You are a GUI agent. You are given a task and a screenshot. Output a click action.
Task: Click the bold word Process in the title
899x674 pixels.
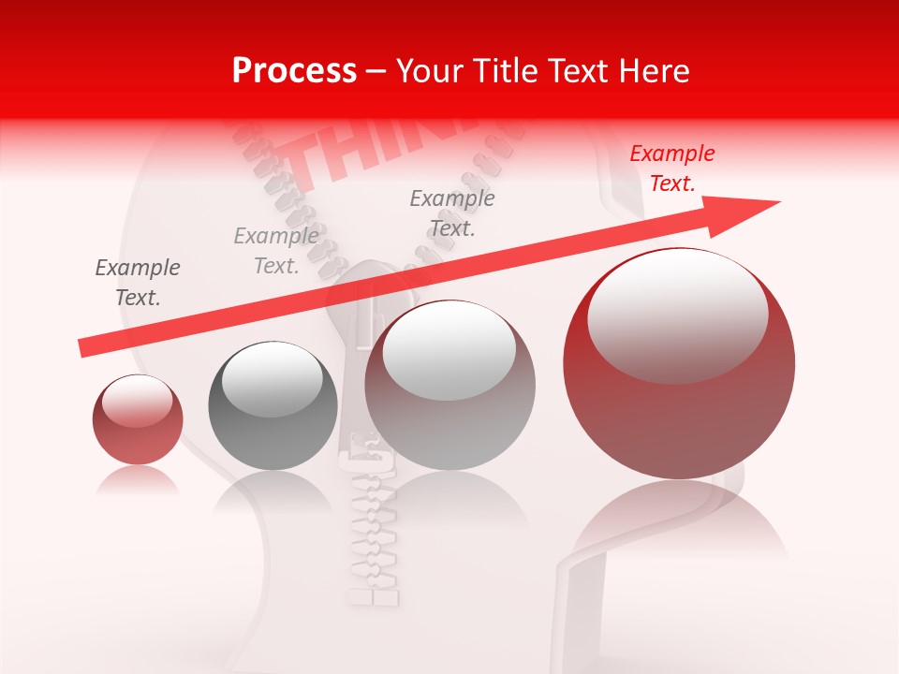tap(294, 71)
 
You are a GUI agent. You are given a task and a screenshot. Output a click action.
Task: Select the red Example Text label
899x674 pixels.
tap(671, 168)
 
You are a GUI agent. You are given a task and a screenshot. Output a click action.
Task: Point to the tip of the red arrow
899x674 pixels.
tap(778, 202)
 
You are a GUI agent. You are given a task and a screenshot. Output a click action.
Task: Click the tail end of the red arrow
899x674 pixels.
tap(81, 348)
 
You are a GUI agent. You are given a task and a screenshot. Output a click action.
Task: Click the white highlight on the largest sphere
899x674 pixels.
tap(677, 314)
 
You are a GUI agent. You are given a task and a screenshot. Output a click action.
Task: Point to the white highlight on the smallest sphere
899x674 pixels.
tap(138, 401)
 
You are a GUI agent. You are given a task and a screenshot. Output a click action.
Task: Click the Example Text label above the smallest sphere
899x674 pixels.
tap(138, 283)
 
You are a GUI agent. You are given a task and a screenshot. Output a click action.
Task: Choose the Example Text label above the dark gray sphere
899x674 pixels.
tap(276, 251)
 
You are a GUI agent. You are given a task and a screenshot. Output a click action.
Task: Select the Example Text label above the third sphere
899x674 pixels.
tap(452, 213)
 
